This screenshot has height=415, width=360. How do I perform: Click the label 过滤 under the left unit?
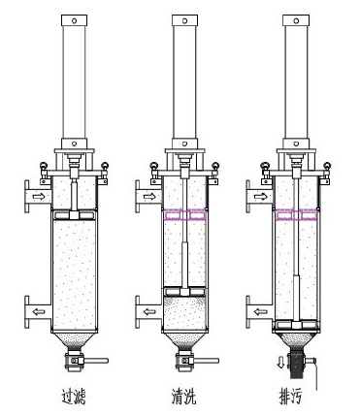[x=74, y=397]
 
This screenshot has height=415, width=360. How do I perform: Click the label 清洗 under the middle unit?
[x=184, y=397]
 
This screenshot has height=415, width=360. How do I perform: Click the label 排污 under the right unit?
[x=292, y=397]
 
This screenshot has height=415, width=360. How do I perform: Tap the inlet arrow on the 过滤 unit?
[x=39, y=196]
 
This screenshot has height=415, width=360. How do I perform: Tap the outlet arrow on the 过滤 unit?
[x=39, y=311]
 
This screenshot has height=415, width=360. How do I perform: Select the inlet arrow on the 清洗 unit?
[x=149, y=196]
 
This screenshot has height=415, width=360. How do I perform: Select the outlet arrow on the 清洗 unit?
[x=149, y=311]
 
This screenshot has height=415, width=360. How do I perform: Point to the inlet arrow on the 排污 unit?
[x=260, y=196]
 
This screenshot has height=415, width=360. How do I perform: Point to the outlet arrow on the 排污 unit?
[x=260, y=311]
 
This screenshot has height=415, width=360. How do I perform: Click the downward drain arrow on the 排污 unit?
[x=280, y=362]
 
